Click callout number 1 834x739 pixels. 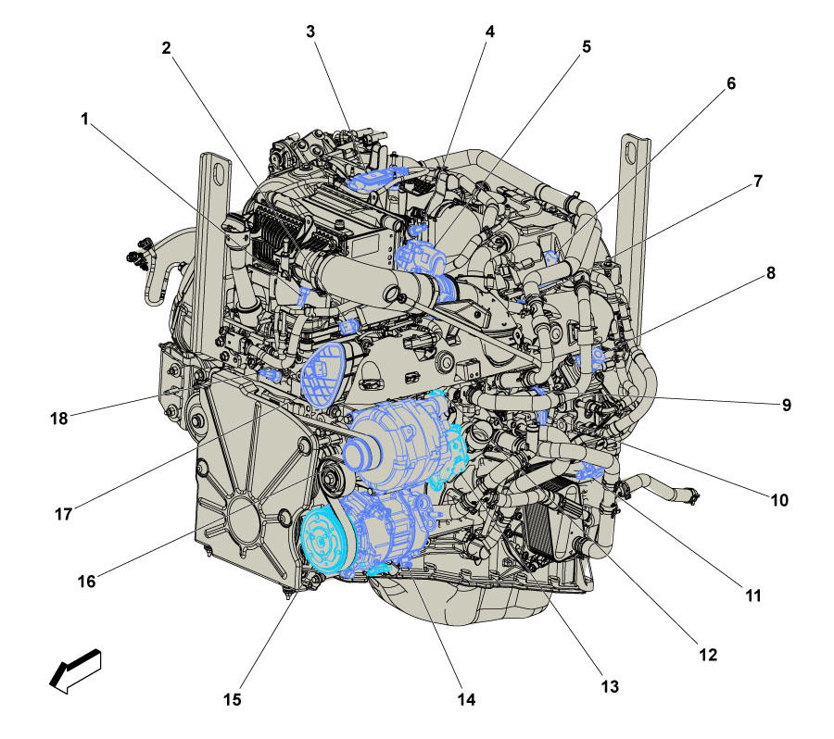(x=84, y=119)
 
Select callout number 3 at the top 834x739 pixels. (x=310, y=31)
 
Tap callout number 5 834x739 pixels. (x=587, y=47)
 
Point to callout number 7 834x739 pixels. (x=758, y=182)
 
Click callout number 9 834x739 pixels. (x=786, y=405)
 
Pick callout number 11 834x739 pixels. (x=753, y=596)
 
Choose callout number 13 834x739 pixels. (x=610, y=687)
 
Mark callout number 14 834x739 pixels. (x=466, y=700)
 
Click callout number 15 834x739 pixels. (x=232, y=700)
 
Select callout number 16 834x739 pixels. (x=87, y=582)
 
